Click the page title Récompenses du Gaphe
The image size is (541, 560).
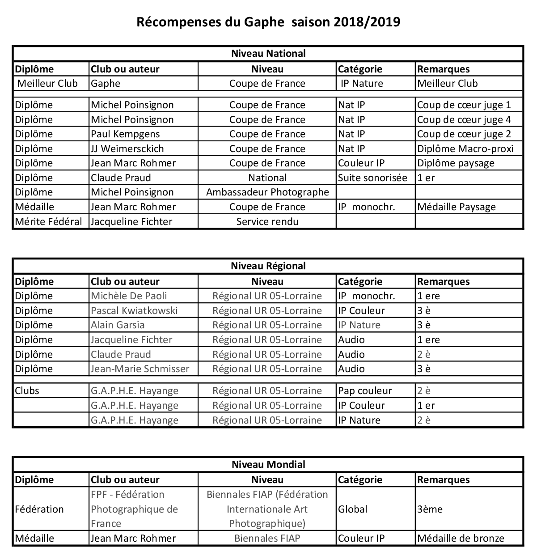(x=268, y=22)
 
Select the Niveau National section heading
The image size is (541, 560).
(x=268, y=54)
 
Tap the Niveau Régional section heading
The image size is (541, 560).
(x=268, y=266)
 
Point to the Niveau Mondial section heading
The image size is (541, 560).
(x=268, y=465)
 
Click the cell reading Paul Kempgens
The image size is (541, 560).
(x=125, y=134)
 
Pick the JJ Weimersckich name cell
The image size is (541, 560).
(x=127, y=149)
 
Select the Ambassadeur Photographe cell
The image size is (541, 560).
(x=267, y=192)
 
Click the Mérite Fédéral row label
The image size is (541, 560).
(x=49, y=221)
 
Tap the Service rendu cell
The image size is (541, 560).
(x=267, y=221)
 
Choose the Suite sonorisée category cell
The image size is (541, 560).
(x=372, y=178)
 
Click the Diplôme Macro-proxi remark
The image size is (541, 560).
(x=465, y=149)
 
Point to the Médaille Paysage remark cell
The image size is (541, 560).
(x=456, y=207)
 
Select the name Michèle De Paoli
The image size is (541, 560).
(x=129, y=296)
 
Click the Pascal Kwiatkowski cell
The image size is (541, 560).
(x=134, y=311)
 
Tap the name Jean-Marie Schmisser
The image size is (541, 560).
(x=140, y=369)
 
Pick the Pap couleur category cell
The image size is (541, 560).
(x=365, y=391)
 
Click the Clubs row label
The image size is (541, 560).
(x=27, y=391)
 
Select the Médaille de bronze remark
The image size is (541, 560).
(x=461, y=539)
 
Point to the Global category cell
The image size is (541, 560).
(x=353, y=509)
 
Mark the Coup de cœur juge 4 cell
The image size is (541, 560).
(x=464, y=120)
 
